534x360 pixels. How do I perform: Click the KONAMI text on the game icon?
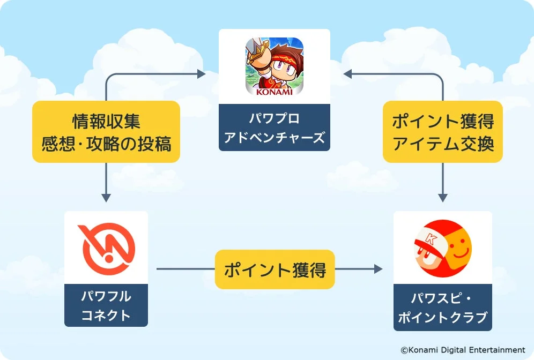click(x=275, y=91)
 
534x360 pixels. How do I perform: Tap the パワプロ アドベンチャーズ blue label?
click(x=275, y=128)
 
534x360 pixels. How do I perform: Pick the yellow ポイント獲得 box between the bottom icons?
click(x=275, y=269)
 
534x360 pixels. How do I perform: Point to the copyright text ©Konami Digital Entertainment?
click(x=463, y=349)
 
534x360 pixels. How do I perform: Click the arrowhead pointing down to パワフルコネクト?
click(x=106, y=197)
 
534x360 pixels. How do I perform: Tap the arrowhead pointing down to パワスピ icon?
click(x=443, y=197)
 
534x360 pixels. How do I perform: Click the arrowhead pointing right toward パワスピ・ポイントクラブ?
click(x=379, y=269)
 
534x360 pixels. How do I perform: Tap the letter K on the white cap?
click(x=429, y=237)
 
